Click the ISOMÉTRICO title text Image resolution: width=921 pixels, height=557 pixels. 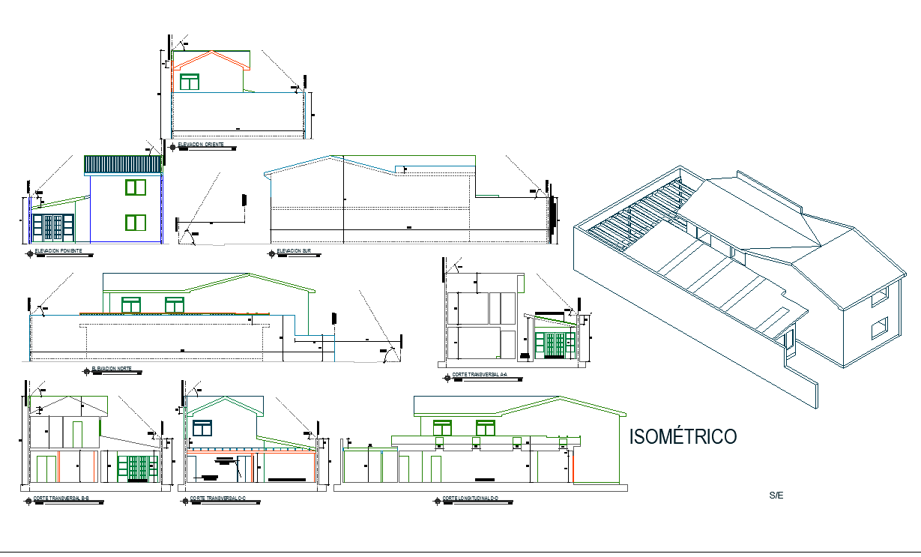click(x=683, y=436)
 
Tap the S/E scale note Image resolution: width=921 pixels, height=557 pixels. click(x=776, y=496)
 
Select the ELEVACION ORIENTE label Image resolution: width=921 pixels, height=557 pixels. click(x=200, y=144)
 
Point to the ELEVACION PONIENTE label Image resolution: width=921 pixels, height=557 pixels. click(x=63, y=250)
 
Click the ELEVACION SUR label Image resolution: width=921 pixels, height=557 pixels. click(x=293, y=250)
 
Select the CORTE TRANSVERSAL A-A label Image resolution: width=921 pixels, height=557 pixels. click(x=479, y=374)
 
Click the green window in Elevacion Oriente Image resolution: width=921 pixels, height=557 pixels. click(x=190, y=81)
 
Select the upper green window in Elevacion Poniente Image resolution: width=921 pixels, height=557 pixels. click(x=136, y=187)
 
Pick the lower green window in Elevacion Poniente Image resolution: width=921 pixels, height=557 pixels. click(x=136, y=222)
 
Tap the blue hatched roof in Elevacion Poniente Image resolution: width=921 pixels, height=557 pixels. click(x=123, y=164)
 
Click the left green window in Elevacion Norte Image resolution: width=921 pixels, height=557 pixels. click(x=131, y=304)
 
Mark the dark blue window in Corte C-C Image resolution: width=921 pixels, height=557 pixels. click(x=203, y=428)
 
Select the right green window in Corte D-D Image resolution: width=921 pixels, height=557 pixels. click(x=486, y=427)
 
